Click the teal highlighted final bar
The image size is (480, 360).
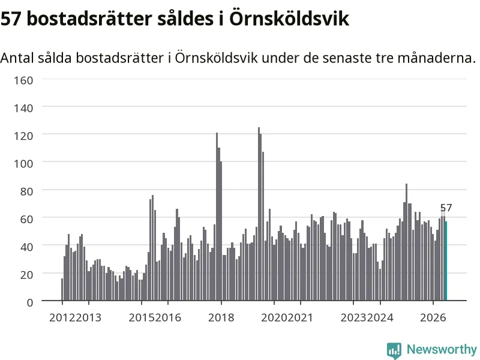(x=446, y=261)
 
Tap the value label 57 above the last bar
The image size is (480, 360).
(x=446, y=208)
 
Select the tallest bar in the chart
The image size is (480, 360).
(x=259, y=214)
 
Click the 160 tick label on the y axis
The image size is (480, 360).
(x=23, y=80)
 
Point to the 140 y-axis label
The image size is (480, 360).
(x=23, y=108)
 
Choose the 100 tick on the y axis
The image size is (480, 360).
(x=23, y=163)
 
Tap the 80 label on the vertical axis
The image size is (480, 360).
(x=26, y=191)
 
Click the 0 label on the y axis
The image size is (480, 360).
(x=29, y=302)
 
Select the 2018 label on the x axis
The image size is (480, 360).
(x=221, y=317)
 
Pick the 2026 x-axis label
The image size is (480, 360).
(x=433, y=317)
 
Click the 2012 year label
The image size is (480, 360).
(x=62, y=317)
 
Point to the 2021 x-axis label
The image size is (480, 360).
(x=301, y=317)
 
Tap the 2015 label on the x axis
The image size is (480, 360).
(x=142, y=317)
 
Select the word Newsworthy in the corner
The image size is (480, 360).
(x=442, y=349)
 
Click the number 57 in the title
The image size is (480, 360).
(x=11, y=19)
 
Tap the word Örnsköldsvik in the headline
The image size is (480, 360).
(x=289, y=18)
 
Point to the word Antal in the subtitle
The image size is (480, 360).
(x=17, y=58)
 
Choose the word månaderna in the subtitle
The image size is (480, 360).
(x=437, y=58)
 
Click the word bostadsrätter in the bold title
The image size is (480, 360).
(x=89, y=19)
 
